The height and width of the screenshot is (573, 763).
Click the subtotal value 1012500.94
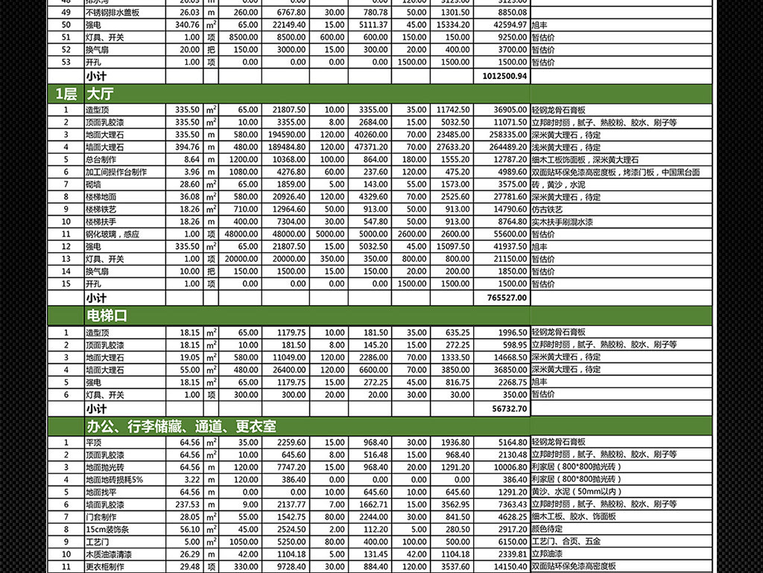click(504, 76)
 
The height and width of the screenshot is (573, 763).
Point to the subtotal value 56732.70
click(510, 409)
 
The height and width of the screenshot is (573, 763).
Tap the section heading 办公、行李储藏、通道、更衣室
click(180, 426)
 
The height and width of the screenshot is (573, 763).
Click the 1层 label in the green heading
click(66, 94)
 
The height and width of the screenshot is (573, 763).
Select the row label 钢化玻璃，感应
click(112, 234)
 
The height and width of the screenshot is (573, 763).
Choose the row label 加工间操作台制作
click(115, 172)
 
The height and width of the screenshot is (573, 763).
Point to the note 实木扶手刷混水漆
click(563, 222)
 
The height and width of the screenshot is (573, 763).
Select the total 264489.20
click(507, 147)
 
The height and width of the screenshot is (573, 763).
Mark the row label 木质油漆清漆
click(107, 554)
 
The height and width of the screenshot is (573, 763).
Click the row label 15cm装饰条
click(105, 529)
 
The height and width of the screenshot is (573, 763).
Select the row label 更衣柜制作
click(105, 567)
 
